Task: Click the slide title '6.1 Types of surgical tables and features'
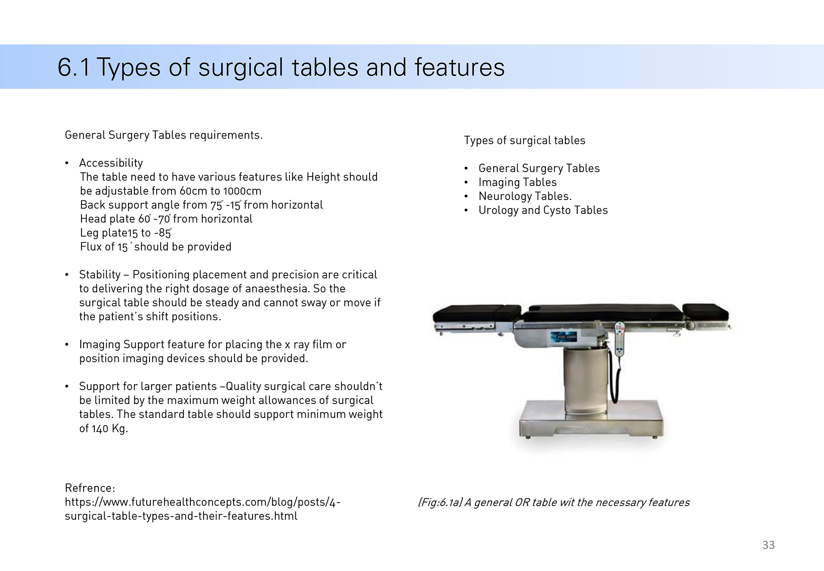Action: [281, 67]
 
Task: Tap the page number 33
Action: [768, 545]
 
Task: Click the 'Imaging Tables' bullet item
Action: [517, 182]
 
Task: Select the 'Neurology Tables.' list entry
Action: [525, 196]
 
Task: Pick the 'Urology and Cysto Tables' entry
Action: [543, 210]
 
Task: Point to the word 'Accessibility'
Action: [111, 163]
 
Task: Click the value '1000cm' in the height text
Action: [242, 191]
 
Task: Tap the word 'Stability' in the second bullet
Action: [100, 275]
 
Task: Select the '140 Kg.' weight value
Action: [110, 429]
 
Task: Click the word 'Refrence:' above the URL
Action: [90, 488]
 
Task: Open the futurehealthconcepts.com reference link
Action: [202, 509]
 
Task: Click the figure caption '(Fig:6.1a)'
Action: [440, 503]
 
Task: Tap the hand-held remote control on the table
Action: [620, 338]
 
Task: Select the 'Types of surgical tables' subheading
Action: [524, 141]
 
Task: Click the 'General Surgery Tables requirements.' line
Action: [164, 135]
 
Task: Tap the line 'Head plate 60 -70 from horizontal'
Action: [166, 219]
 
